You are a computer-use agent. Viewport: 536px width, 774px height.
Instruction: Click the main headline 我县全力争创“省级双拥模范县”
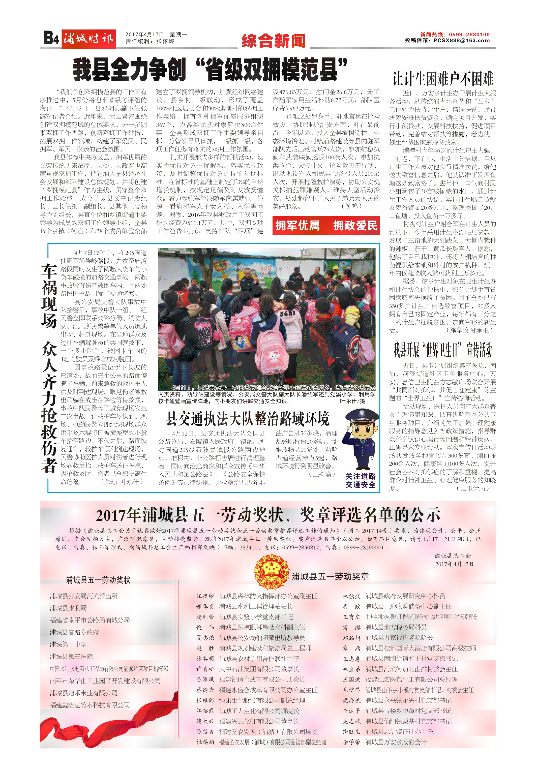[210, 70]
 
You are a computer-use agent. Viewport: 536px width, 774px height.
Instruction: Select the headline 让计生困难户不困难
[443, 79]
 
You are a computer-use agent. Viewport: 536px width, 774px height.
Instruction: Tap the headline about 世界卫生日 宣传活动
[443, 350]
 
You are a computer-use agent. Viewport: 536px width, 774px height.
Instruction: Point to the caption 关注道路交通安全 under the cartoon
[361, 480]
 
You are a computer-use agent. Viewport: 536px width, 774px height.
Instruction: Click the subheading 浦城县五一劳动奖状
[98, 580]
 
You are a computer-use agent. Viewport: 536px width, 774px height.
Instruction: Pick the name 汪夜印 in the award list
[205, 596]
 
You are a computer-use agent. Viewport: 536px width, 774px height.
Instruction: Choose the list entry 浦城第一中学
[68, 644]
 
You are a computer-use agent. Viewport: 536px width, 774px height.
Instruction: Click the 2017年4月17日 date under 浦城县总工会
[454, 564]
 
